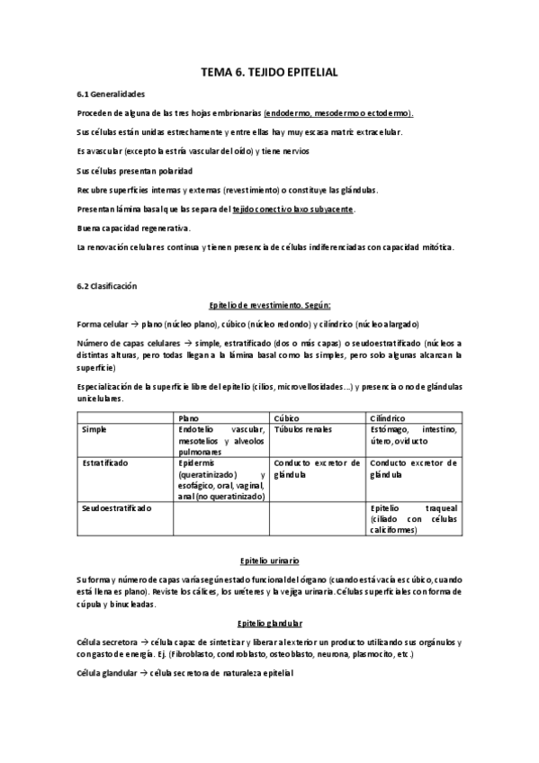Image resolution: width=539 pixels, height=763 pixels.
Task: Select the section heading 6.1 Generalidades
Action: pyautogui.click(x=111, y=94)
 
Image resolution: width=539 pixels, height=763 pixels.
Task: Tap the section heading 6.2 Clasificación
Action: pyautogui.click(x=108, y=285)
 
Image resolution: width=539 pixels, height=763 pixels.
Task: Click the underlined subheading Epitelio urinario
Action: pyautogui.click(x=269, y=560)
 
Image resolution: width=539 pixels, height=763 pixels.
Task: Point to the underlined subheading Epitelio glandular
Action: pyautogui.click(x=269, y=624)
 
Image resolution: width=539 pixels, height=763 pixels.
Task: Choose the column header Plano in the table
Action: pyautogui.click(x=189, y=417)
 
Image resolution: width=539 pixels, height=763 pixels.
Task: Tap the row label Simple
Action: pyautogui.click(x=95, y=430)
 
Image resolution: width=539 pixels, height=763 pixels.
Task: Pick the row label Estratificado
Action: pyautogui.click(x=104, y=462)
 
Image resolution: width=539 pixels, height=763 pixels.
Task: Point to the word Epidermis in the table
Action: pyautogui.click(x=198, y=462)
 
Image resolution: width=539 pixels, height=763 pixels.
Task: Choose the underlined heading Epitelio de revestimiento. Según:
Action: pyautogui.click(x=269, y=305)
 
